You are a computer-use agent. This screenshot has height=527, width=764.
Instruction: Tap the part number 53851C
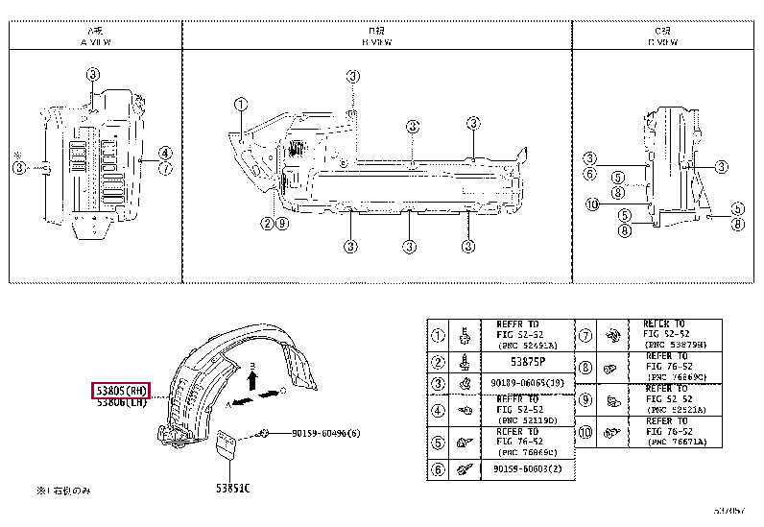[232, 488]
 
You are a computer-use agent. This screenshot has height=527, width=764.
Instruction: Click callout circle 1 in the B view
[240, 104]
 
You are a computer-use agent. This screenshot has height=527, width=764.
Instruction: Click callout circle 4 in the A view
[165, 153]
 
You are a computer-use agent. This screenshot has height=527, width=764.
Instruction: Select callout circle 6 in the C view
[590, 174]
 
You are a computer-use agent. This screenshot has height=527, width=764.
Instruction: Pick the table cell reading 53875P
[526, 361]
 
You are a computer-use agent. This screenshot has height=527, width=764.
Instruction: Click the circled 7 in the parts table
[585, 336]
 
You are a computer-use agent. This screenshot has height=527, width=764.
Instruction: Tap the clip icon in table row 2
[464, 363]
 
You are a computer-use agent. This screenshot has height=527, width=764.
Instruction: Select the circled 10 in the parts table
[585, 434]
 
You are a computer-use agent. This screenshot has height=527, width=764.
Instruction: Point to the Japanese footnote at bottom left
[63, 491]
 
